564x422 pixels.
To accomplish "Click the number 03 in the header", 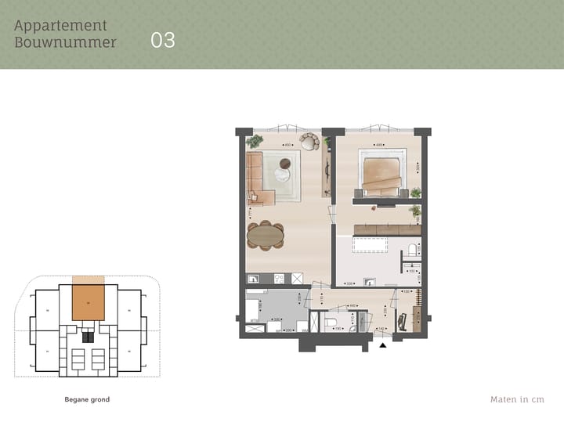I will point(163,41).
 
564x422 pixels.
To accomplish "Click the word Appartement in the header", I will point(61,26).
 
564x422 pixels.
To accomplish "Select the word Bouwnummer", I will point(65,42).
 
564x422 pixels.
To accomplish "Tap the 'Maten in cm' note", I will point(517,399).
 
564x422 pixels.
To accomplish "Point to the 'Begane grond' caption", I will point(87,399).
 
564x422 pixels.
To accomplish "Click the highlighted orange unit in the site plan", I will point(89,302).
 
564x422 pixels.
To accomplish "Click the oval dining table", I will point(266,234).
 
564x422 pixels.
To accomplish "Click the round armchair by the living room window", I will point(309,142).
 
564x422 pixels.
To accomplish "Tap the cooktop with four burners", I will point(297,278).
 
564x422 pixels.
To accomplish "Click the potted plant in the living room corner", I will point(255,142).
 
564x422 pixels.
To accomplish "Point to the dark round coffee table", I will point(284,164).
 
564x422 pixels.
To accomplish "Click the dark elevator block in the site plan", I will point(89,337).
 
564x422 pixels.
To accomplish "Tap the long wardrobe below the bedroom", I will point(387,229).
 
